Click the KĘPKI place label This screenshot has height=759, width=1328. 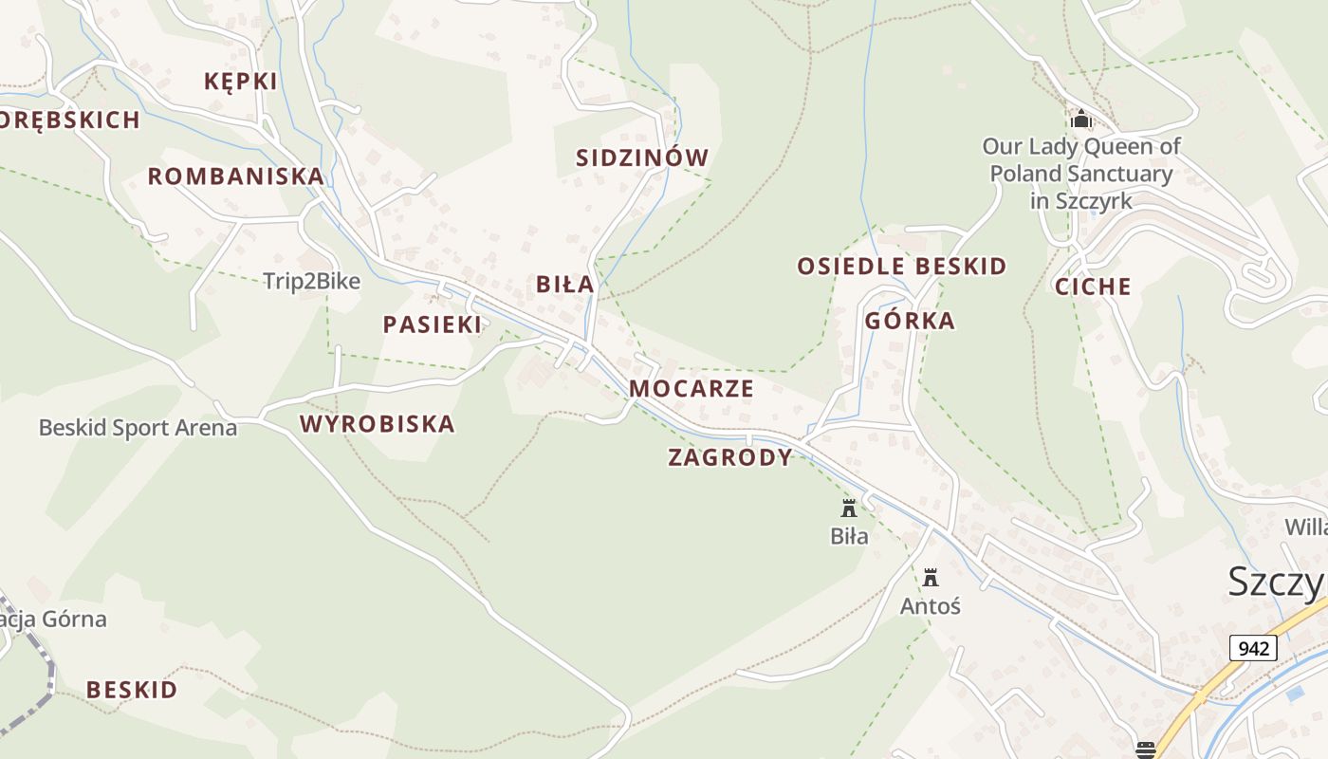(x=241, y=82)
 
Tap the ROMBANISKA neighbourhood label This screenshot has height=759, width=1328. (x=235, y=176)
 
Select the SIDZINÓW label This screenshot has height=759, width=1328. (x=642, y=158)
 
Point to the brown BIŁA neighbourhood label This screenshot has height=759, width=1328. (x=564, y=285)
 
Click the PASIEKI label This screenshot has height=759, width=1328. (x=433, y=324)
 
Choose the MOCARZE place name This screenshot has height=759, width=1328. (x=691, y=389)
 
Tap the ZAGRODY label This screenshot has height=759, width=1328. (x=729, y=458)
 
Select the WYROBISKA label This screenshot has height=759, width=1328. (x=378, y=424)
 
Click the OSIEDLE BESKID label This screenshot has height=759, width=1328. (x=901, y=267)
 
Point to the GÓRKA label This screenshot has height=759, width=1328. (x=910, y=322)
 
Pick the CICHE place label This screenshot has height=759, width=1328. (x=1093, y=287)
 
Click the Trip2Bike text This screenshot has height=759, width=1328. (x=311, y=281)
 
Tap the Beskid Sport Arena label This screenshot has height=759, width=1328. (x=138, y=428)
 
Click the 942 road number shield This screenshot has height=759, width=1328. (x=1253, y=649)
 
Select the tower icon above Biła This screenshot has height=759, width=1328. (x=849, y=508)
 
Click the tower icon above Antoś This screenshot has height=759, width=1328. (x=930, y=577)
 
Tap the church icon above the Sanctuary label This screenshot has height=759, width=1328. (x=1080, y=120)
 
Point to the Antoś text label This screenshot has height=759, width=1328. (x=930, y=605)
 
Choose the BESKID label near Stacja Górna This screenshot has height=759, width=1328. (x=132, y=690)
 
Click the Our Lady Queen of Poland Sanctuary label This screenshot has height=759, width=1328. (x=1080, y=174)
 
